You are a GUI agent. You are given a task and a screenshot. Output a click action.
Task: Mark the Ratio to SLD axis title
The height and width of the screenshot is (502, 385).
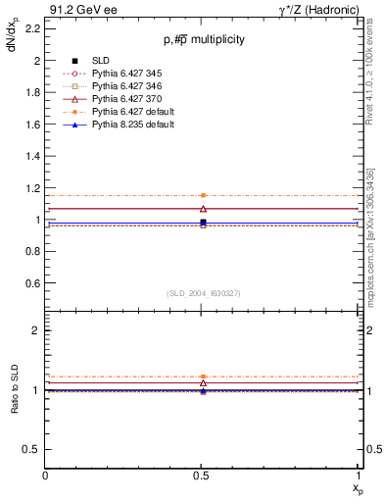pyautogui.click(x=15, y=389)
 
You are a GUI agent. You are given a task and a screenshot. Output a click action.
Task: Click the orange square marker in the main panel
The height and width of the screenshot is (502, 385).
pyautogui.click(x=203, y=196)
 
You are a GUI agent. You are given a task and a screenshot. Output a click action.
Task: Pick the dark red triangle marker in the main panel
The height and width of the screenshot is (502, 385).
pyautogui.click(x=203, y=208)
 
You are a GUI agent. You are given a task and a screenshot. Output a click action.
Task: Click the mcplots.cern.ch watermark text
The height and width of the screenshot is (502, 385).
pyautogui.click(x=375, y=240)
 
